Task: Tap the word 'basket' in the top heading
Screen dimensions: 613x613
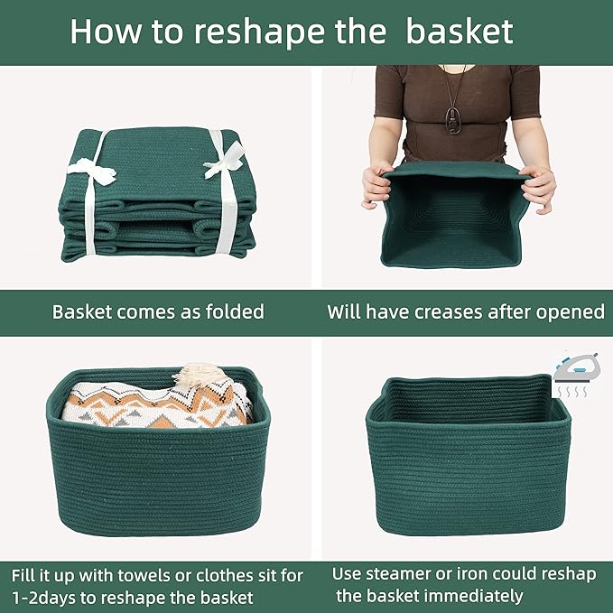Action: click(x=459, y=32)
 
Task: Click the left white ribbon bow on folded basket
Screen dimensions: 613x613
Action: click(x=92, y=170)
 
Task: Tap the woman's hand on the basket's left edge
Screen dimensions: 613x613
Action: click(x=376, y=183)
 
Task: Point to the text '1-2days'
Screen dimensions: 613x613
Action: click(x=44, y=597)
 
